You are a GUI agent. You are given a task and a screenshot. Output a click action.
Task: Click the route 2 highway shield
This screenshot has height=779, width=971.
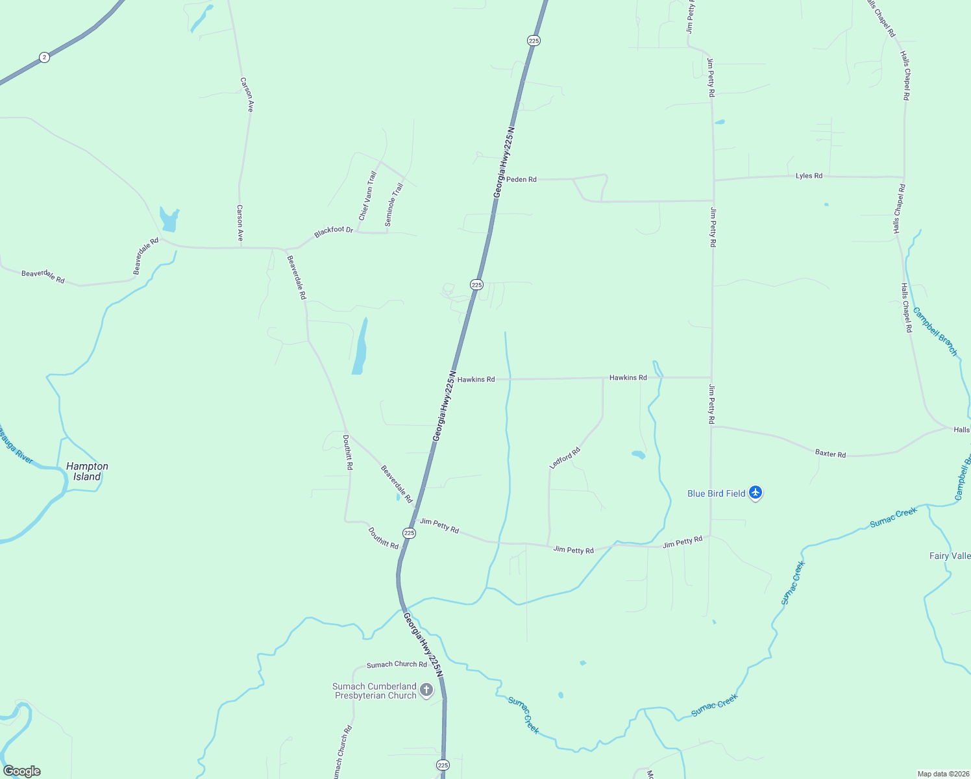pos(43,57)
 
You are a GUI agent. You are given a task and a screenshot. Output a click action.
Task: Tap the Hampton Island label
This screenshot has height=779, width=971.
pos(87,471)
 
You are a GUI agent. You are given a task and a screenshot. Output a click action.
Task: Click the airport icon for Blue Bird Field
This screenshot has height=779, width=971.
pos(755,493)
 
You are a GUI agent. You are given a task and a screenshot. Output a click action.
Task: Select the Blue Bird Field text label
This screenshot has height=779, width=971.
pos(716,493)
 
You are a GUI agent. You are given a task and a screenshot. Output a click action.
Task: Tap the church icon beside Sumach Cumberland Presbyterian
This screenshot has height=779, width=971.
pos(426,690)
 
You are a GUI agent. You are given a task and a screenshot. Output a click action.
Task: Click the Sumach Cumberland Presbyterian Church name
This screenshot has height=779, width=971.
pos(375,691)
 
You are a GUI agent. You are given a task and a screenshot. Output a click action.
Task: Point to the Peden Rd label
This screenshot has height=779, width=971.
pos(521,179)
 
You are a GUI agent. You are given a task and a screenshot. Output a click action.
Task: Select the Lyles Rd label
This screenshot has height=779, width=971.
pos(809,176)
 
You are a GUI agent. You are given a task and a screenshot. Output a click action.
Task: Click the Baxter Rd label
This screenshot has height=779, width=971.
pos(830,454)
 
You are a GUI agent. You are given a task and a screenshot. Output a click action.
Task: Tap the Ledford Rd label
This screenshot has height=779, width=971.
pos(565,458)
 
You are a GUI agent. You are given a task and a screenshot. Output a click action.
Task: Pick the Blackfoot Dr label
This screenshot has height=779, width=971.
pos(334,231)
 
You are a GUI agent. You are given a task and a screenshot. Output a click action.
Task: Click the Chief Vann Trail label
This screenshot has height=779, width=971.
pos(367,195)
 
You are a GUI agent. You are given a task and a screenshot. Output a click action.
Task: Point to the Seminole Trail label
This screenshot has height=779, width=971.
pos(394,204)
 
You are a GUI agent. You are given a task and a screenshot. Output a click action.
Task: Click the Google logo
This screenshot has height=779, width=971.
pos(21,771)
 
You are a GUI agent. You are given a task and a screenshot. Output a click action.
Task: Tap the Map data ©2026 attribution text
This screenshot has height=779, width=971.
pos(942,774)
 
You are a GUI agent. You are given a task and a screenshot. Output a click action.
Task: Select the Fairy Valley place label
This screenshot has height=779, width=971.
pos(950,556)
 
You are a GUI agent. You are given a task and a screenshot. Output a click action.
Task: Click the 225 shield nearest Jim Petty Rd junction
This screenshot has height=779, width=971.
pos(409,533)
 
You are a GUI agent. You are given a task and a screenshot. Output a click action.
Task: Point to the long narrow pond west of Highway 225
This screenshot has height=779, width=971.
pos(360,347)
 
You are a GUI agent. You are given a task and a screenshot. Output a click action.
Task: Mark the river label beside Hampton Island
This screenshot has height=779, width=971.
pos(16,445)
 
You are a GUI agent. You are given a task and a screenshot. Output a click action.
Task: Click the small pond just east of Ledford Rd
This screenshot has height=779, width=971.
pos(638,454)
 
